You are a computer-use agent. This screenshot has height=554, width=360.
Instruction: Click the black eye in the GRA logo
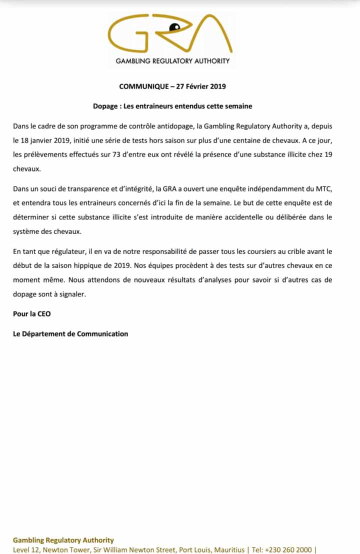pos(174,26)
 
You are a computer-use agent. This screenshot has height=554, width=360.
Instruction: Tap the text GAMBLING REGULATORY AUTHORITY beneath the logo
pos(172,61)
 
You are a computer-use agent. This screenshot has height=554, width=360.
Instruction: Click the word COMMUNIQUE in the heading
pos(140,86)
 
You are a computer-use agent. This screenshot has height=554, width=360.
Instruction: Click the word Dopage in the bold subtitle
pos(104,106)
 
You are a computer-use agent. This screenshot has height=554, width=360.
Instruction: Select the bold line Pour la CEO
pos(32,314)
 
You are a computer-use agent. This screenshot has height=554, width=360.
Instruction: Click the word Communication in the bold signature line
pos(102,333)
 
